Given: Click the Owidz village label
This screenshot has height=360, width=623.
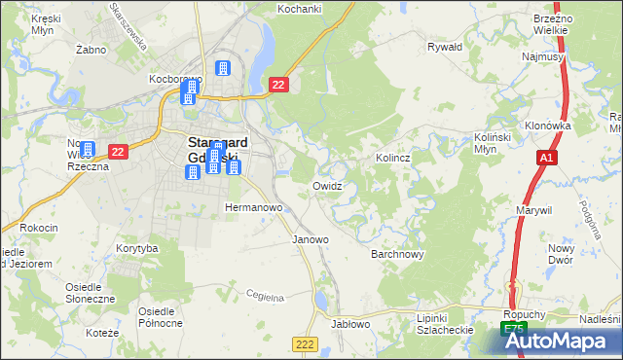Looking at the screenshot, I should tap(326, 185).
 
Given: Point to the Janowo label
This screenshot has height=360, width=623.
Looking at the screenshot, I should tap(311, 238).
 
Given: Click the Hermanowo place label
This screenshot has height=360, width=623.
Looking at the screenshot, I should tap(253, 207).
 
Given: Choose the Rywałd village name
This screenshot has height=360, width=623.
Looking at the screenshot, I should tap(444, 46).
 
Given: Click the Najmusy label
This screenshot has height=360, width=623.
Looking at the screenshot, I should tap(542, 57).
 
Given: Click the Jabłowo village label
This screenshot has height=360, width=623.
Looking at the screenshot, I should tap(350, 324).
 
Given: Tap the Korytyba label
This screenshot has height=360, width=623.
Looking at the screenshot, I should tap(136, 249).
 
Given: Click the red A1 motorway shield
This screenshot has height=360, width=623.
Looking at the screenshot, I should tap(547, 158).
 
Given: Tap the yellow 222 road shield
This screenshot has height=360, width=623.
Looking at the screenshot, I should tap(305, 344).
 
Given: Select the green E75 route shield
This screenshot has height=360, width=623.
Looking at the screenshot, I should tap(515, 331).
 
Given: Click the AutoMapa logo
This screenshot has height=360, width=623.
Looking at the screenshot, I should tap(562, 340).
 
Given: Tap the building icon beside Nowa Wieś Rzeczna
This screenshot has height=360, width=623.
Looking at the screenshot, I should tap(88, 150).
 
